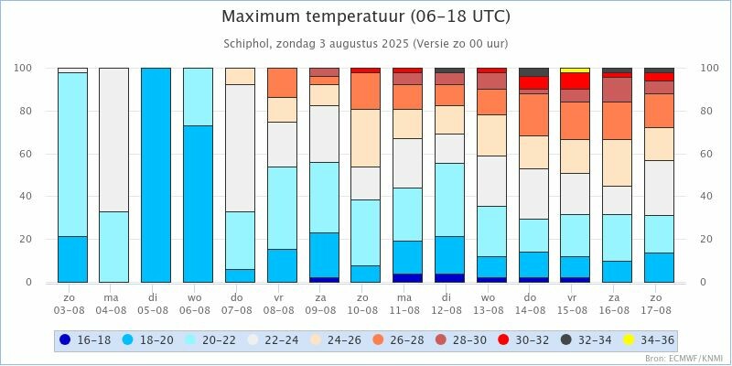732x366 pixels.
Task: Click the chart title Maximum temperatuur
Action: click(x=366, y=16)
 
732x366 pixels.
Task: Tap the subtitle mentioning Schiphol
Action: click(x=366, y=43)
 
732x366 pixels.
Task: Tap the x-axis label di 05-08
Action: click(x=156, y=302)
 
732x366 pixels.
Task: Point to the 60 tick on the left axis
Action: click(x=27, y=154)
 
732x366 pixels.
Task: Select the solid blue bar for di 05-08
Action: click(x=156, y=174)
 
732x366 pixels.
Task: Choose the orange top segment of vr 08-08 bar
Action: click(x=282, y=82)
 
